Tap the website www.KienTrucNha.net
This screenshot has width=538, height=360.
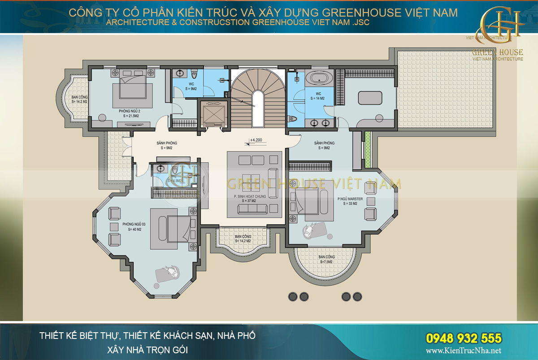463,351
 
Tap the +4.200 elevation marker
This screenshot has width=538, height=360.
256,139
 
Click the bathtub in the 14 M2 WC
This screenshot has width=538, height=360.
319,78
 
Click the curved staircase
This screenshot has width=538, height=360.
258,90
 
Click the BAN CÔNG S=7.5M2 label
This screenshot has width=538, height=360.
327,260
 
